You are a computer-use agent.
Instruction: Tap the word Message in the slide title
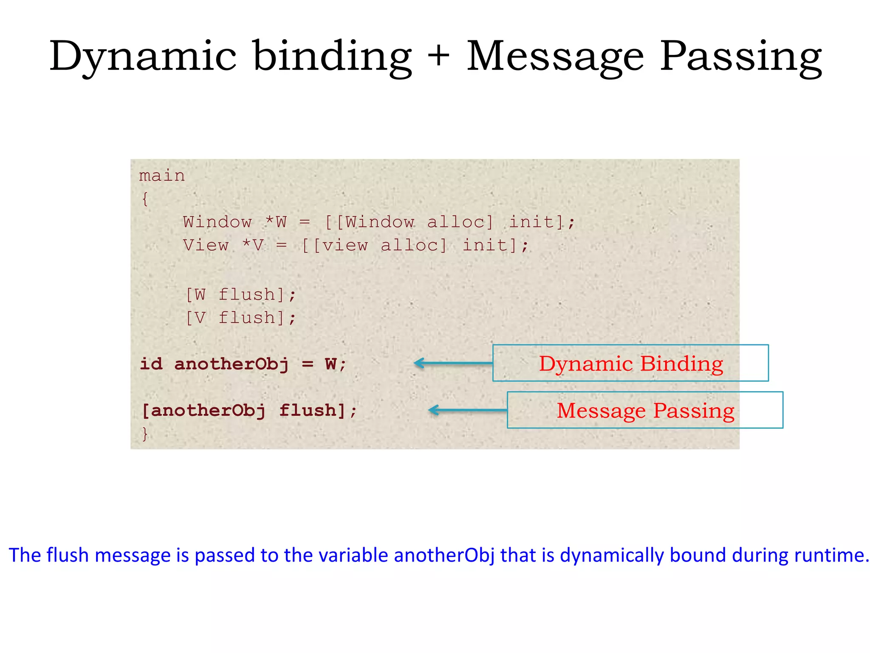(555, 57)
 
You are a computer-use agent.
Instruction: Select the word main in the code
(162, 176)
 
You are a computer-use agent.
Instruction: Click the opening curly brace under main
(145, 199)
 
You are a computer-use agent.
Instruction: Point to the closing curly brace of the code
(145, 434)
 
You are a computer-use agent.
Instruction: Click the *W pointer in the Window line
(276, 222)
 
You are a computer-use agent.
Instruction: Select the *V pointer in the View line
(253, 245)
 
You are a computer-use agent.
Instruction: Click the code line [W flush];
(241, 294)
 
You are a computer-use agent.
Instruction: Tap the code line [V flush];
(241, 318)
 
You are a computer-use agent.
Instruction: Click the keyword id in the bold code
(151, 364)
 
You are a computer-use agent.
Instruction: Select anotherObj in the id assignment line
(232, 364)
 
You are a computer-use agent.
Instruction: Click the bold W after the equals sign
(331, 364)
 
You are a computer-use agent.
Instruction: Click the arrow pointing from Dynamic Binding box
(452, 363)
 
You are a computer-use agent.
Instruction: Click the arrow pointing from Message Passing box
(467, 410)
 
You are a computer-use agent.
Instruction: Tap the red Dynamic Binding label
(631, 364)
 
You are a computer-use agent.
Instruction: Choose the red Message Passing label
(645, 411)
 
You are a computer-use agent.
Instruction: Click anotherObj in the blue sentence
(444, 555)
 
